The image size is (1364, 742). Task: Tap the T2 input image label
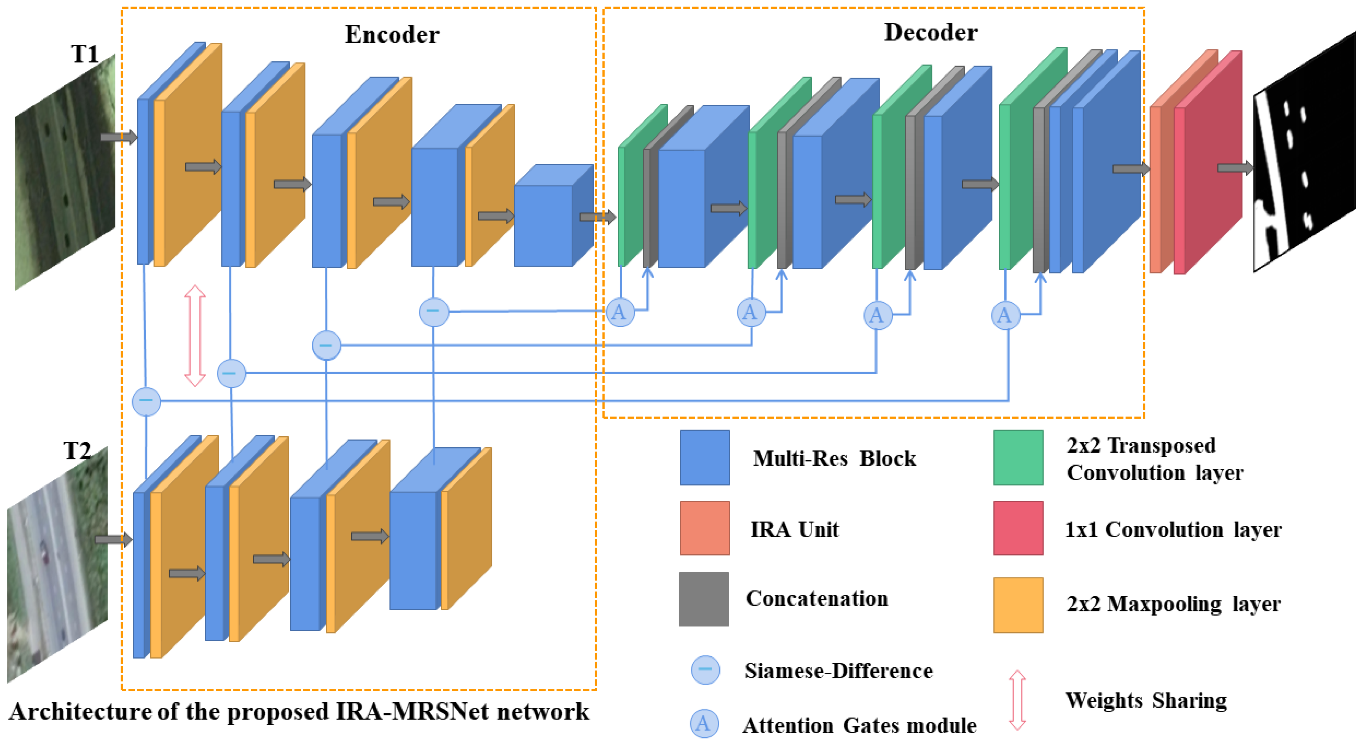point(77,451)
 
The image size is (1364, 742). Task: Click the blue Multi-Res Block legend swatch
point(705,457)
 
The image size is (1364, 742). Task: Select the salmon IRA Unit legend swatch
point(705,528)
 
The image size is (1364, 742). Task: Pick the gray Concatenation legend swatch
point(704,599)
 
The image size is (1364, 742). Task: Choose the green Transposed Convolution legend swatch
point(1018,457)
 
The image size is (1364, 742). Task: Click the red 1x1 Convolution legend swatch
point(1018,528)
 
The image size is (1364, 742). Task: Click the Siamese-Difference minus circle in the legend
point(705,670)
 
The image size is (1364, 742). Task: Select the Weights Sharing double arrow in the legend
point(1017,700)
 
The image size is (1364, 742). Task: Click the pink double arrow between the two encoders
point(195,336)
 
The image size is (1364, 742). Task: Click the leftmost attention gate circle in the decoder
point(620,311)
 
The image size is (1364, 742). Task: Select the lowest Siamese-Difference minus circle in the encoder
point(146,401)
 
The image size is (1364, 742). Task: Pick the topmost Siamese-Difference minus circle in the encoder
point(434,311)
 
